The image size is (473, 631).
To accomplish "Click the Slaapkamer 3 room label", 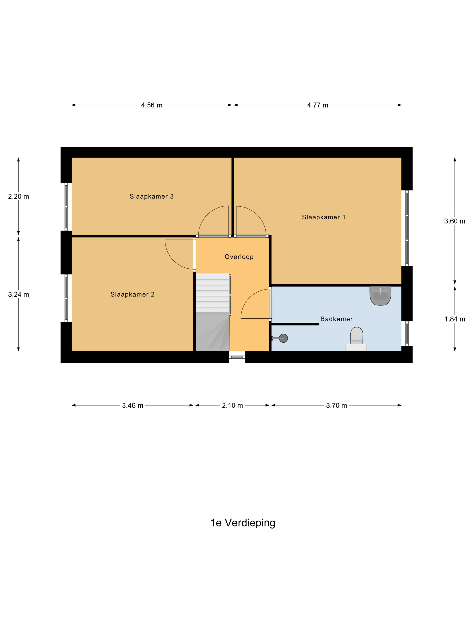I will (x=151, y=196).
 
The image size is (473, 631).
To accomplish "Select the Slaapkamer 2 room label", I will (x=132, y=294).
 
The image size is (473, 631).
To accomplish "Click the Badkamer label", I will (x=337, y=319).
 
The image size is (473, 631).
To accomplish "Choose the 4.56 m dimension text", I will (x=151, y=105).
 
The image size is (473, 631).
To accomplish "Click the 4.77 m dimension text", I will (x=317, y=105).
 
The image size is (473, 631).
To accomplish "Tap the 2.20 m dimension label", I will (x=18, y=197).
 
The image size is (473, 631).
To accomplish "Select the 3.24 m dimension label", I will (x=18, y=294).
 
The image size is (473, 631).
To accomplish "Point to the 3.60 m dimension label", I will (x=455, y=221).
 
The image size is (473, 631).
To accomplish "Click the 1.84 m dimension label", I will (x=455, y=319).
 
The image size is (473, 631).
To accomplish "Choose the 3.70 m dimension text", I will (x=337, y=405).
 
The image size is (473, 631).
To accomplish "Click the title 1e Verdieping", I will (x=243, y=523).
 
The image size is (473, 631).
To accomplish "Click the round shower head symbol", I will (x=283, y=338).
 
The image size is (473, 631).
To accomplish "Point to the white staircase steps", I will (x=212, y=293).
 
